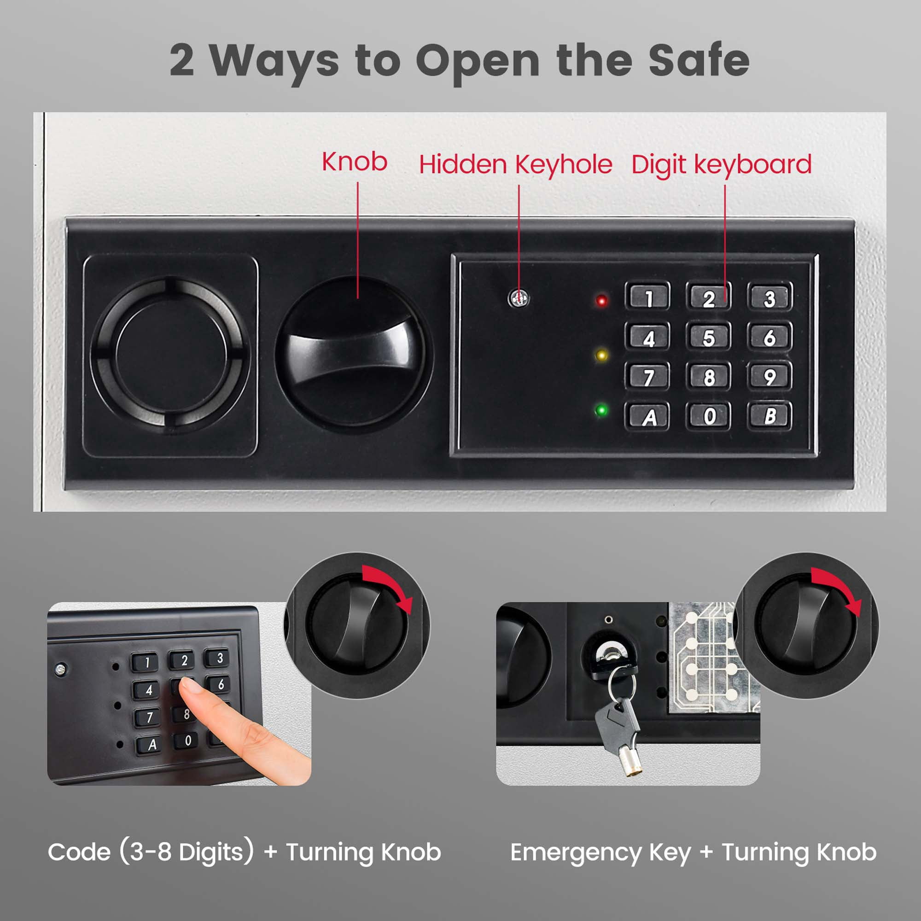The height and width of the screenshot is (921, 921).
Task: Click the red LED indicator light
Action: [x=601, y=301]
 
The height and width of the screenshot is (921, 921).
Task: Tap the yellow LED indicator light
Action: [x=601, y=356]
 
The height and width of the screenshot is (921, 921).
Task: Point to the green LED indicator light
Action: [x=601, y=410]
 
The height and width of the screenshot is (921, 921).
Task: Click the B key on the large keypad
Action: [x=770, y=416]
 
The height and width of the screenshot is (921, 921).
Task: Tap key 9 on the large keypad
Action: [x=770, y=377]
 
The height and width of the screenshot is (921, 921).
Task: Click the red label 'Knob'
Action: [x=354, y=162]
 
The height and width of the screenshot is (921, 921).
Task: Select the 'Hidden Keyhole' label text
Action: [x=515, y=165]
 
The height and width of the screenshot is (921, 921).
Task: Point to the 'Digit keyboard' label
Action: [x=721, y=165]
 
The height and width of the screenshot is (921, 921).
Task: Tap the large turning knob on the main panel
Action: [x=354, y=355]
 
